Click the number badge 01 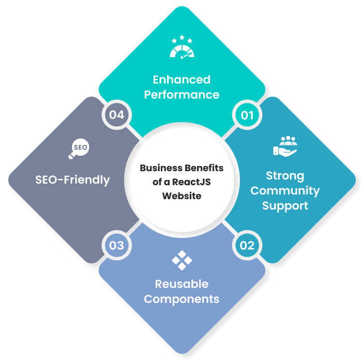point(247,115)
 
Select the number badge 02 point(247,245)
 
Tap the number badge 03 point(117,245)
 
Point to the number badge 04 point(117,115)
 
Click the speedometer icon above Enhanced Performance point(181,47)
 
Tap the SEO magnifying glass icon point(78,148)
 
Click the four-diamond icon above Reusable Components point(181,260)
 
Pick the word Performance point(181,95)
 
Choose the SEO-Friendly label point(73,180)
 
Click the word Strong point(285,175)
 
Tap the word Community point(285,190)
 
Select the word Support point(285,206)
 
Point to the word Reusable point(181,284)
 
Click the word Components point(181,299)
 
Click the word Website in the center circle point(181,196)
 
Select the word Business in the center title point(161,168)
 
